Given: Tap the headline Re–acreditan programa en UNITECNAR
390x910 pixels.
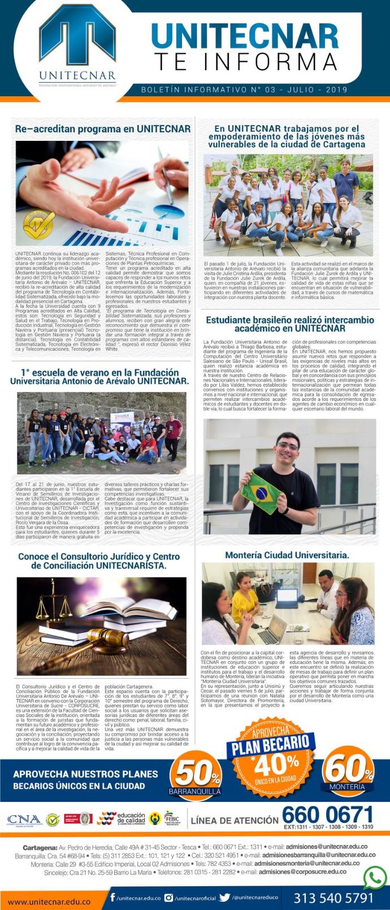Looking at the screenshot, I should [102, 129].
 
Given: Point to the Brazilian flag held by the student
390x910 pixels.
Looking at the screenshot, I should [262, 491].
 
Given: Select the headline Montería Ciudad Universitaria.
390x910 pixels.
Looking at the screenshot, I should [287, 555].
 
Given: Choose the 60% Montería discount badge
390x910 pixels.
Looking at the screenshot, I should [347, 770].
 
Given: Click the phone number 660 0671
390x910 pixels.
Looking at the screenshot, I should [327, 815].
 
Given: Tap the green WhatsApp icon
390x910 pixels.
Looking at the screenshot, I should [375, 878].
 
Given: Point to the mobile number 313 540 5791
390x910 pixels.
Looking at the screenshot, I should [333, 898].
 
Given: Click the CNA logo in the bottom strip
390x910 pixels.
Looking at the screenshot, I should [24, 820].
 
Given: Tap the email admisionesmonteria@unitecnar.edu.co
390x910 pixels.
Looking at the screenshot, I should [306, 864].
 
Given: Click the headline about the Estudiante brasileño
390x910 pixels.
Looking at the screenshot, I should [289, 324].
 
